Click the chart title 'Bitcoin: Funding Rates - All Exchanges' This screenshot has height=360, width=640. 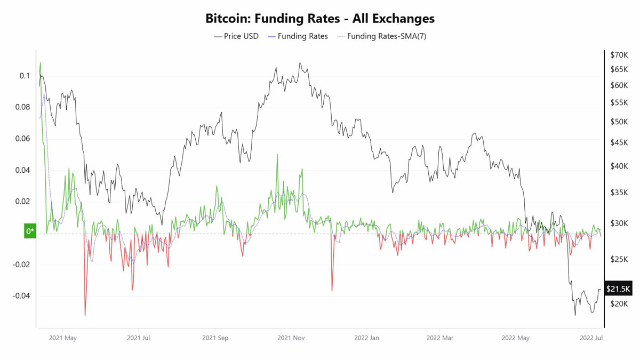pyautogui.click(x=320, y=19)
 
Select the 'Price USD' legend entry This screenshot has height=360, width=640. pyautogui.click(x=236, y=36)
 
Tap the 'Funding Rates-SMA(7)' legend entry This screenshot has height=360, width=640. pyautogui.click(x=382, y=36)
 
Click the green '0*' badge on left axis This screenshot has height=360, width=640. pyautogui.click(x=30, y=231)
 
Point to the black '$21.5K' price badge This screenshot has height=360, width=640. pyautogui.click(x=618, y=289)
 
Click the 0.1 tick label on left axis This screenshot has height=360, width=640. pyautogui.click(x=25, y=76)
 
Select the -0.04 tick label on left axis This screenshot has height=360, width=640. pyautogui.click(x=21, y=295)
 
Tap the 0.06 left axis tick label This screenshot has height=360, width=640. pyautogui.click(x=22, y=139)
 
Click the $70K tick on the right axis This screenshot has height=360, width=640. pyautogui.click(x=619, y=55)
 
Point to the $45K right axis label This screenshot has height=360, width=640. pyautogui.click(x=619, y=142)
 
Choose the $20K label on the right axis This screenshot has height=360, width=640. pyautogui.click(x=619, y=303)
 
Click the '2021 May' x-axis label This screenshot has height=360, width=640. pyautogui.click(x=63, y=338)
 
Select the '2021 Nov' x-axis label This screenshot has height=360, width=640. pyautogui.click(x=291, y=338)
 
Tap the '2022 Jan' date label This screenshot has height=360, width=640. pyautogui.click(x=366, y=338)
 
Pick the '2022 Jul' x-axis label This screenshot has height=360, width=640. pyautogui.click(x=591, y=338)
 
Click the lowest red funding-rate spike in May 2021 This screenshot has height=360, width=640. pyautogui.click(x=85, y=315)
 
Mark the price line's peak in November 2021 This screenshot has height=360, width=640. pyautogui.click(x=300, y=63)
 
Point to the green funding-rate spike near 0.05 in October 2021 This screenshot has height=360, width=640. pyautogui.click(x=277, y=155)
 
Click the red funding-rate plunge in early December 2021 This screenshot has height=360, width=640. pyautogui.click(x=332, y=291)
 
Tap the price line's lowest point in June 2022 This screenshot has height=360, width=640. pyautogui.click(x=575, y=315)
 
